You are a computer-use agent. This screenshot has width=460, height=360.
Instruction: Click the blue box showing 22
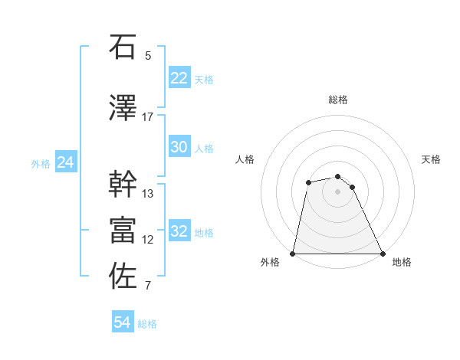coord(179,78)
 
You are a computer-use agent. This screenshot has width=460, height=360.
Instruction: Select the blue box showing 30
coord(179,147)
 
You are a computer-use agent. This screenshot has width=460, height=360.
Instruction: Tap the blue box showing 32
coord(179,232)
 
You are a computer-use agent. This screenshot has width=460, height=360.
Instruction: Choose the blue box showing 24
coord(66,162)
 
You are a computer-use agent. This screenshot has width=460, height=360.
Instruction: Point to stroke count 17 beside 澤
coord(148,116)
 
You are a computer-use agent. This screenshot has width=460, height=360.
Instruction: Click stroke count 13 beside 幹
coord(148,193)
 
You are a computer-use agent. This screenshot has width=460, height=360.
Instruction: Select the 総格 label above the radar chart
coord(338,100)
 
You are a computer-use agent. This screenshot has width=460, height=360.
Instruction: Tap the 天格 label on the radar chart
coord(432,159)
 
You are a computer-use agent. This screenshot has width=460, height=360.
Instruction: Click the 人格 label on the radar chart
coord(245,159)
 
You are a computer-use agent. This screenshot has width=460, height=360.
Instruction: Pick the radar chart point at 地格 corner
coord(382,254)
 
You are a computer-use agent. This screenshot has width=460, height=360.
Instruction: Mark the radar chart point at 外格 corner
coord(293,254)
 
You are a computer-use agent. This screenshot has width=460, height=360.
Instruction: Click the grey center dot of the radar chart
coord(337,191)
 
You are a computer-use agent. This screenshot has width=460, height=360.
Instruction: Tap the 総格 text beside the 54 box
coord(147,324)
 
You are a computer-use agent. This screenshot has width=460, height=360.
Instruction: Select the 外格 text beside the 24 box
coord(41,164)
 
